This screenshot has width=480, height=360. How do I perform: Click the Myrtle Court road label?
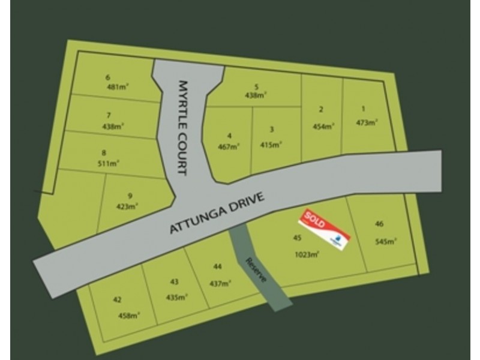183,128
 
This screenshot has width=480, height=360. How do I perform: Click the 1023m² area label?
307,254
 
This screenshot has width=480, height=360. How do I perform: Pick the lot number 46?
379,224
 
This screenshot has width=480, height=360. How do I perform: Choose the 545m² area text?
386,242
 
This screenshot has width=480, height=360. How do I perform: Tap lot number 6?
108,77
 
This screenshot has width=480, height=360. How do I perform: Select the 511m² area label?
109,162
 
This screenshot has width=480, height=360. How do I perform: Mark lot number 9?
130,196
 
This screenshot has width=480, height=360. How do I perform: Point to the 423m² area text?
128,206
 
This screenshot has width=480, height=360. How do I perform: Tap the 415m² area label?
271,145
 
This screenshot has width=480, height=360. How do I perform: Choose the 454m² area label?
323,126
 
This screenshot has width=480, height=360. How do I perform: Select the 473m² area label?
366,122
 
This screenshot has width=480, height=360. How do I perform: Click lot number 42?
117,300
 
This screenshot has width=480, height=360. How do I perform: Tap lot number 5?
256,86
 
